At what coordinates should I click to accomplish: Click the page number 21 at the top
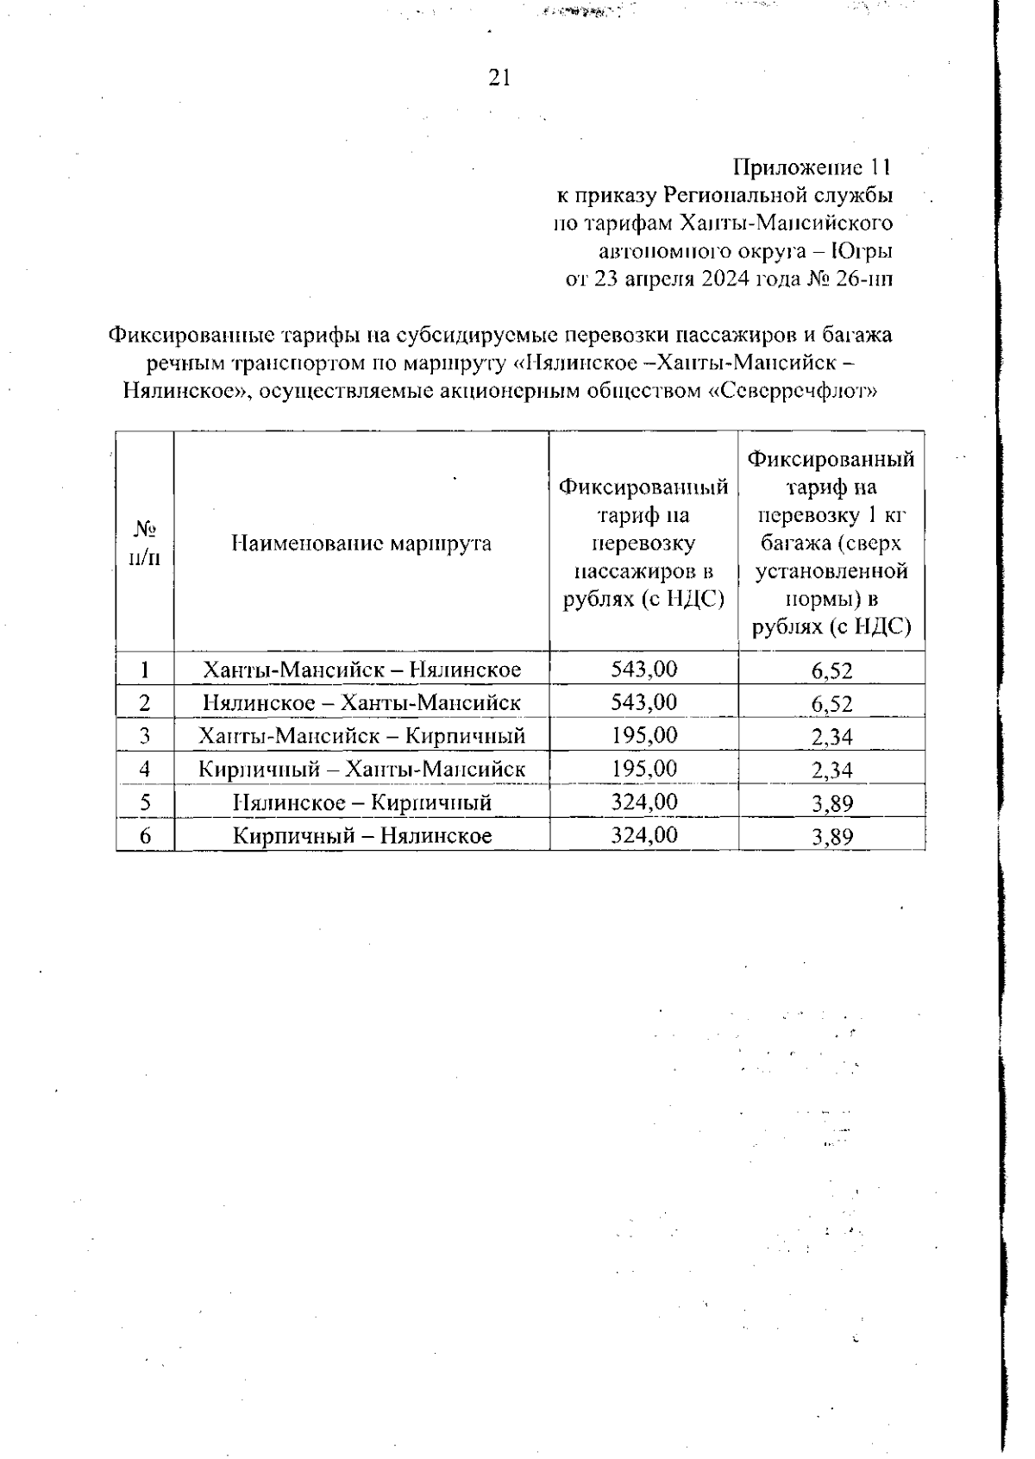499,79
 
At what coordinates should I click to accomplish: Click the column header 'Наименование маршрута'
361,543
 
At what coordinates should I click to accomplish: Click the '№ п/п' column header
145,543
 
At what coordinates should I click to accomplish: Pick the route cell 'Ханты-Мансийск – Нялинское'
361,670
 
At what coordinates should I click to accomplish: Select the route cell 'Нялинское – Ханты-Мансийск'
361,702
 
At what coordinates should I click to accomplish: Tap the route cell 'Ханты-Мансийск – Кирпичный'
361,736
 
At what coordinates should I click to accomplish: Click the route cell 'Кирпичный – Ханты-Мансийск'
361,769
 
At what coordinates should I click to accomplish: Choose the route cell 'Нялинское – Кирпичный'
361,802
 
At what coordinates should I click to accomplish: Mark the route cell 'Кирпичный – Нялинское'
361,835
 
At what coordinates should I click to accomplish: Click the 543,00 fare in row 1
643,669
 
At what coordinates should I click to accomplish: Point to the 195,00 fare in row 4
643,768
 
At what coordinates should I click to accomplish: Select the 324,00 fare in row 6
643,834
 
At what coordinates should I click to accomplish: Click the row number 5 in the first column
145,802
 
